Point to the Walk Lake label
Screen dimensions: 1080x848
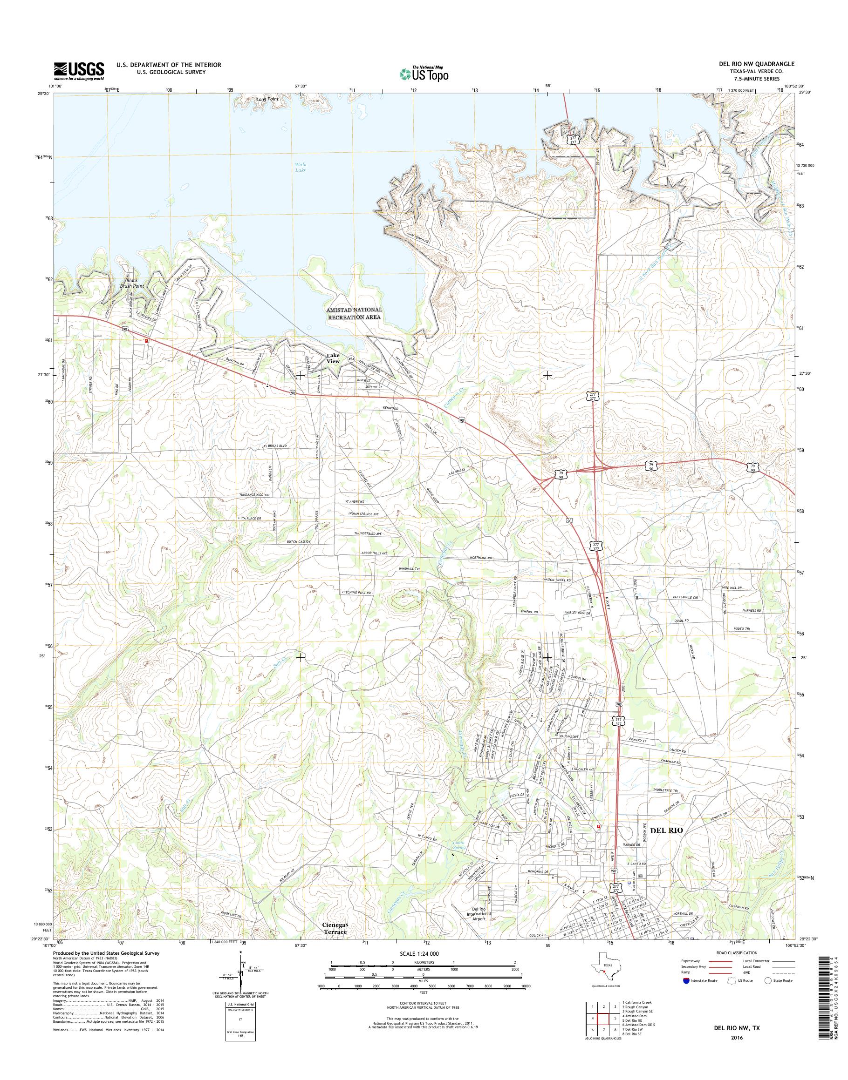(x=301, y=167)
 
